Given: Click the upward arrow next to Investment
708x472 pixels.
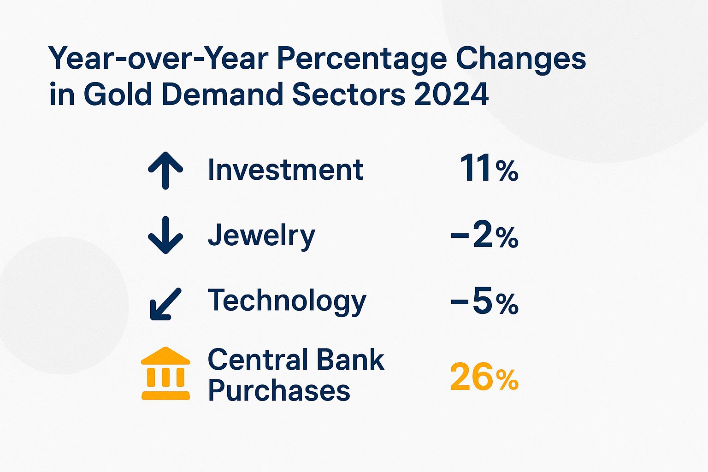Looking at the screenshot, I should pos(165,170).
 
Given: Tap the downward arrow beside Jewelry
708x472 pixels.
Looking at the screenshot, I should pos(165,235).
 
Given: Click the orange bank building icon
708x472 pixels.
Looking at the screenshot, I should pos(165,373).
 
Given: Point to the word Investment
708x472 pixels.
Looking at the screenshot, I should pos(285,170).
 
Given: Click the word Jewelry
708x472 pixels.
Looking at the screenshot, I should pos(261,236).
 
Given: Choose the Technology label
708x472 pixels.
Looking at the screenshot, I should pos(287,301).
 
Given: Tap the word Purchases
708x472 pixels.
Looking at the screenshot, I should pos(279,390).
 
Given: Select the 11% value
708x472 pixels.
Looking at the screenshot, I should pos(489,169).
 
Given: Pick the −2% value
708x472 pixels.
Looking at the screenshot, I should pos(484,236).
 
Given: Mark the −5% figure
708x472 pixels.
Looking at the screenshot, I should pos(484,302).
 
